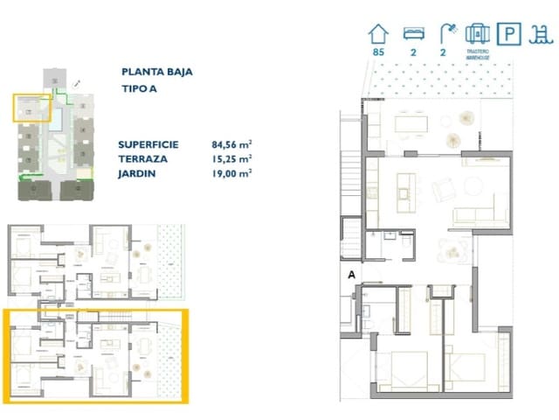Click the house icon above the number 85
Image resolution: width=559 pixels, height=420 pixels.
pos(378,34)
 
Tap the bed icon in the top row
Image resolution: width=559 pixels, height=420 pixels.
pos(413,34)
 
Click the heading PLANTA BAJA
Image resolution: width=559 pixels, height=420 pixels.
pos(157,73)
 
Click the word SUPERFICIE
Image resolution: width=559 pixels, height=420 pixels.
pos(149,144)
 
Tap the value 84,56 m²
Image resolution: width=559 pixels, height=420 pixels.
pos(231,144)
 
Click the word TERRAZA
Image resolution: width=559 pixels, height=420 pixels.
pos(141,158)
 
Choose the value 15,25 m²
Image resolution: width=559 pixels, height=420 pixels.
pos(231,158)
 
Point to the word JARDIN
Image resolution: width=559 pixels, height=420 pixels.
pos(137,173)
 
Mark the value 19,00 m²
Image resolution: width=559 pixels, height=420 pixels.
pos(231,173)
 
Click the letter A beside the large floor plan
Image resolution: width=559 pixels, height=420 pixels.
pos(352,274)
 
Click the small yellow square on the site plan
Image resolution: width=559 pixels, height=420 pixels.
pos(29,108)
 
